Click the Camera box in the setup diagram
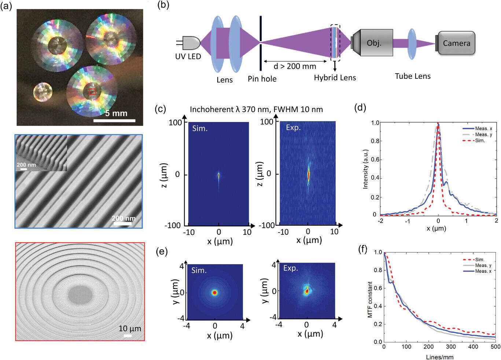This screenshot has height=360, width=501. [456, 43]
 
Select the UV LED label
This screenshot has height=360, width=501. [188, 56]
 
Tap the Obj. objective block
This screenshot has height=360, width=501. [373, 42]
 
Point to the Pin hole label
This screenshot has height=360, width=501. [262, 79]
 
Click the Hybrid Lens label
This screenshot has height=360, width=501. [335, 78]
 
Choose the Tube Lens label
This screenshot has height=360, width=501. [413, 76]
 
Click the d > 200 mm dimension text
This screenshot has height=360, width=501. [295, 66]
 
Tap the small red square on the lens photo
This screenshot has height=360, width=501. [92, 92]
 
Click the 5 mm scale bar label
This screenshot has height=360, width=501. [116, 113]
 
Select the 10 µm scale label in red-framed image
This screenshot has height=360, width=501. [130, 329]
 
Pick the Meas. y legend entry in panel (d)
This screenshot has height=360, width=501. [477, 134]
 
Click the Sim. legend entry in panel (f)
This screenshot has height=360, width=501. [474, 260]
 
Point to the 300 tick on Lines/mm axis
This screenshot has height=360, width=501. [451, 346]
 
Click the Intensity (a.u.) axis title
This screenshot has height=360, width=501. [365, 169]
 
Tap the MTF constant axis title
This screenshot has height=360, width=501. [370, 300]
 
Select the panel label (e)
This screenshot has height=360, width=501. [162, 251]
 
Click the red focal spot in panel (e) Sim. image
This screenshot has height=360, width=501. [215, 293]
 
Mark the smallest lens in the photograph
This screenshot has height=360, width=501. [43, 92]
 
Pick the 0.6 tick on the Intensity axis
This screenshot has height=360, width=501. [375, 160]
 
